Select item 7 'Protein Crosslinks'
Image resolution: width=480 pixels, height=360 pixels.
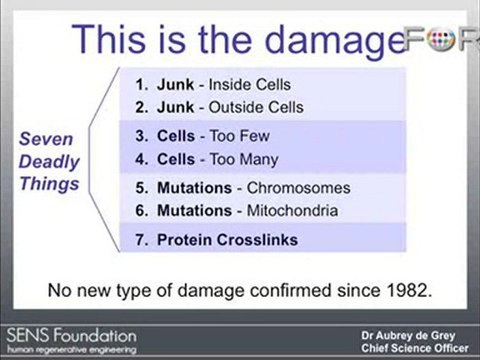pos(215,240)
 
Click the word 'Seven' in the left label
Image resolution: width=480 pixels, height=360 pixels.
pos(45,140)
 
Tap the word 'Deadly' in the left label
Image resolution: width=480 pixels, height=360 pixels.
pos(45,161)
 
